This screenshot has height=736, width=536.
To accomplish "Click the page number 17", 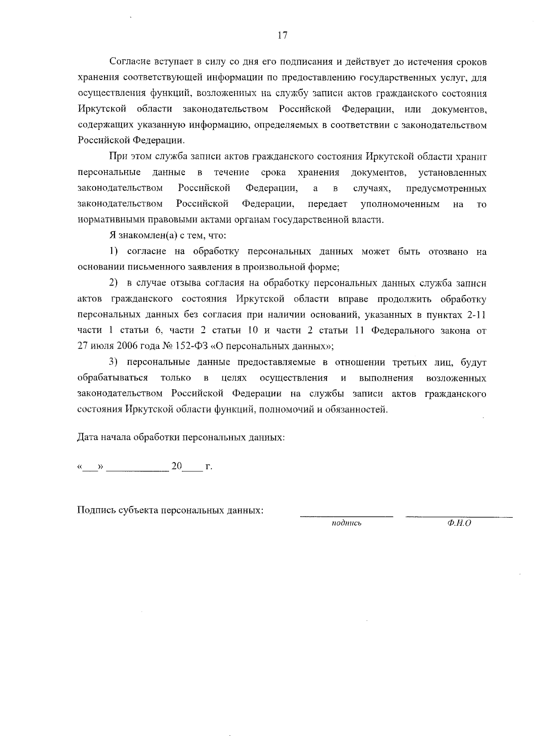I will (282, 36).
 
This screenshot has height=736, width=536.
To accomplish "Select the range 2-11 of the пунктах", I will (476, 315).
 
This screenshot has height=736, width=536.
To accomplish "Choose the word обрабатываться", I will (113, 378).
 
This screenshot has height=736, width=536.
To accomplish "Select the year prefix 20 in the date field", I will (176, 466).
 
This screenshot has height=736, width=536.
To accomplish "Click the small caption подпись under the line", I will (346, 523).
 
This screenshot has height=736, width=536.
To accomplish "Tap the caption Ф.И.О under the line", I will (459, 523).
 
